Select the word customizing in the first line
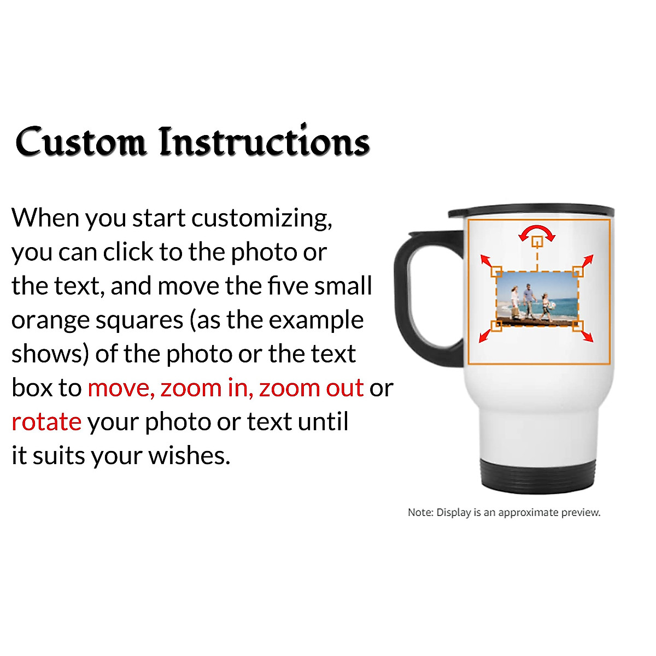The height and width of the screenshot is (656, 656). pos(261,218)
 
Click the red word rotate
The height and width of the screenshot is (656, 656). pos(46,421)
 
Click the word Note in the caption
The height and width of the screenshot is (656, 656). pos(420,513)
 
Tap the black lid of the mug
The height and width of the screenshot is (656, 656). pos(530,211)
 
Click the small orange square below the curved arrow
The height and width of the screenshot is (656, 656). pos(537,241)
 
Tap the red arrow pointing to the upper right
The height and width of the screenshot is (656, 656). pos(587,261)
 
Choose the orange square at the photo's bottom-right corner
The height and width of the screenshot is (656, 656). pos(578,326)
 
